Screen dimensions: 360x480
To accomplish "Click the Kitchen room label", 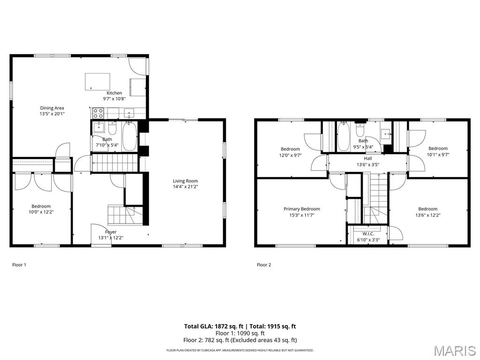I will [x=114, y=93].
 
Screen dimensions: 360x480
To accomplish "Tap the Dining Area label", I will [x=52, y=108].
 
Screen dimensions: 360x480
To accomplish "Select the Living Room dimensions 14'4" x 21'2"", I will [x=185, y=187].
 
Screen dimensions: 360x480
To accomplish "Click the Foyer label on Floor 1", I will [x=111, y=232].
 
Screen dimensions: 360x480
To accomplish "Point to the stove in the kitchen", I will [x=98, y=113].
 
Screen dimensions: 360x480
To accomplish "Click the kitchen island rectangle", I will [x=97, y=82].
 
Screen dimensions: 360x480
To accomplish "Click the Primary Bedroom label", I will [x=301, y=209].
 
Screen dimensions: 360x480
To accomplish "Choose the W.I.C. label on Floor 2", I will [x=368, y=233].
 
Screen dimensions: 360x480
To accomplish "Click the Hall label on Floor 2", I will [x=368, y=158].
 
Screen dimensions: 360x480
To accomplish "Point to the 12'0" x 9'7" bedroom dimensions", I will [x=290, y=155].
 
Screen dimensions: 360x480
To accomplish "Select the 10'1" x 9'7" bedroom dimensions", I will [x=438, y=155].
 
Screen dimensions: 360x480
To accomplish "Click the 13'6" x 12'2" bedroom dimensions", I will [x=427, y=216].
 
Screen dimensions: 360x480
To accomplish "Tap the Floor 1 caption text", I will [x=19, y=265].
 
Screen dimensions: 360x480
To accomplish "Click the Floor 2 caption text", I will [x=264, y=265].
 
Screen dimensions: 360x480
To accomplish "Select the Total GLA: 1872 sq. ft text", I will [x=212, y=326].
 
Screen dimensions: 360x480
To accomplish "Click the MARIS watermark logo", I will [x=454, y=351].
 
